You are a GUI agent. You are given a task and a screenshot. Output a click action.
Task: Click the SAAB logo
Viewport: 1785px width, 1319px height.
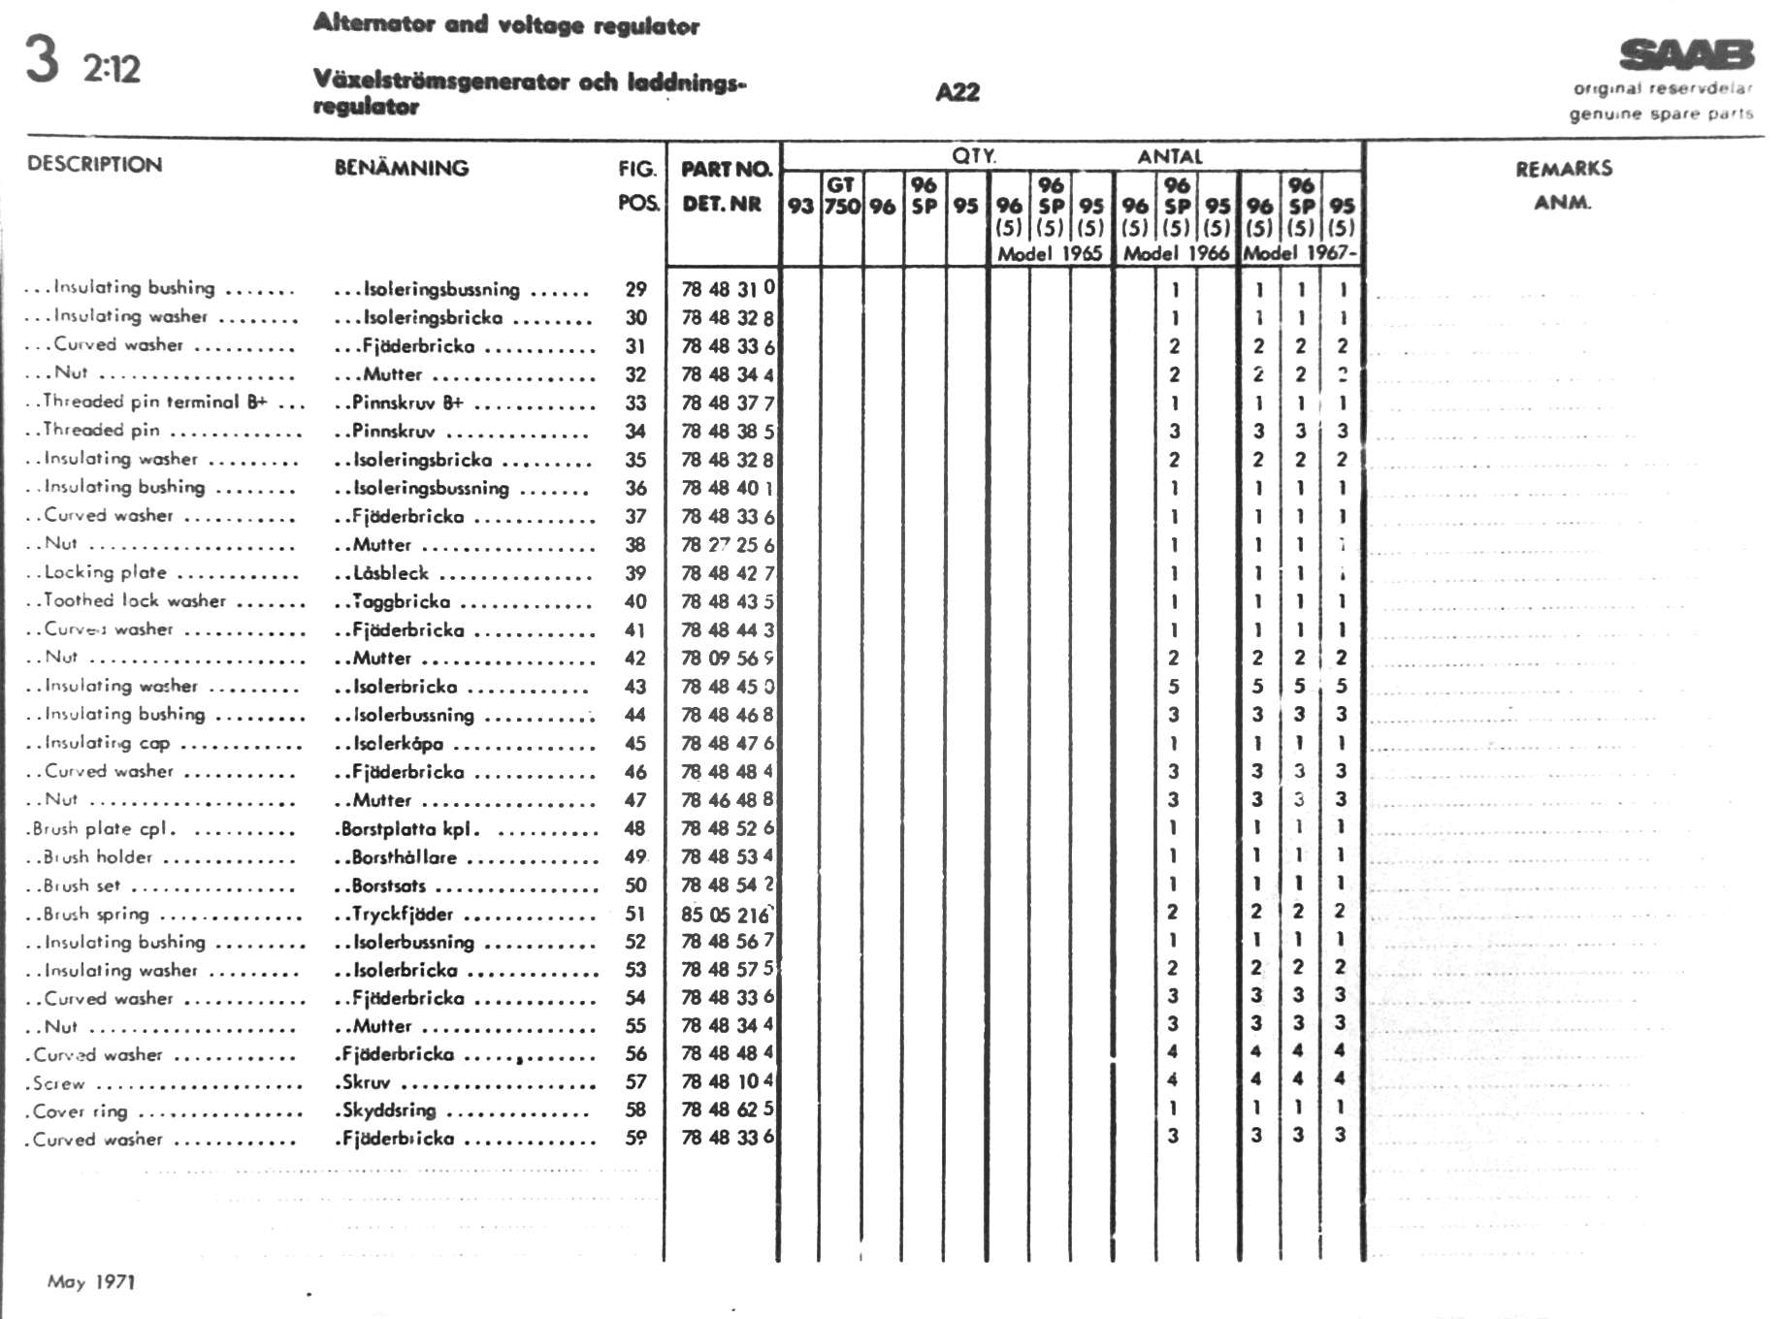point(1686,55)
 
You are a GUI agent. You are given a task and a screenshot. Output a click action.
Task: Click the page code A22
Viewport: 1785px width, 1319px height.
point(957,92)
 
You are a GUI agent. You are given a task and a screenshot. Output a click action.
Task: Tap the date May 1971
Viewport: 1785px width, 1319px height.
point(91,1282)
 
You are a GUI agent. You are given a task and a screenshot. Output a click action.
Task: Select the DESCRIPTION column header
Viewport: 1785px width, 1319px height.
point(94,164)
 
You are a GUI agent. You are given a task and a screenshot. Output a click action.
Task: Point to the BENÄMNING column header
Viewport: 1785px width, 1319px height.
point(401,168)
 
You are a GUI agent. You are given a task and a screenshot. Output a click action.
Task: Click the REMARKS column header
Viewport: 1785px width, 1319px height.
point(1564,169)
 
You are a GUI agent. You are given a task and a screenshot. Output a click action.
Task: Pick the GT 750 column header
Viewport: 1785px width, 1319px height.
point(842,196)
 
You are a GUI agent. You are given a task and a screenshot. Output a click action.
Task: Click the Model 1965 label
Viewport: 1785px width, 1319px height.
point(1050,254)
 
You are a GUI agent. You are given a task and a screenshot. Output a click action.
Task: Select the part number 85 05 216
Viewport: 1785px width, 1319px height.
point(725,915)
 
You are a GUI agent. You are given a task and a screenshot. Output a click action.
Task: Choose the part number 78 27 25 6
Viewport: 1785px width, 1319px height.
point(727,545)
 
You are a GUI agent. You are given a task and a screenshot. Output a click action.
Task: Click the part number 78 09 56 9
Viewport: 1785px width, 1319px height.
point(727,659)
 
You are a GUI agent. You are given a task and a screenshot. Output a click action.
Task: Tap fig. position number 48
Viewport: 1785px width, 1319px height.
point(635,829)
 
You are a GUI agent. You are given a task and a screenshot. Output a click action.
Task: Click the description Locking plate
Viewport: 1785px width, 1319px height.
point(105,573)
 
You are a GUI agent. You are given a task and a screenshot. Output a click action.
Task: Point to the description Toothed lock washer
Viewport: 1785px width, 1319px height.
point(135,601)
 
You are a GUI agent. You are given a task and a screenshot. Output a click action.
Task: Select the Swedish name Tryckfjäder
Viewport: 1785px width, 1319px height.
point(403,915)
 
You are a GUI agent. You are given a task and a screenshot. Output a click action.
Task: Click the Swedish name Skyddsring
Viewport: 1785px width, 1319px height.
point(389,1110)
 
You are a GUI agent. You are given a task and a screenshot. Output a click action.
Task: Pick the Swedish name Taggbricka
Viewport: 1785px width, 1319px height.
point(401,602)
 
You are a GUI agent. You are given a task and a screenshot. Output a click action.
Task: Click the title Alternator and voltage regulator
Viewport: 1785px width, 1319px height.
point(505,25)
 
